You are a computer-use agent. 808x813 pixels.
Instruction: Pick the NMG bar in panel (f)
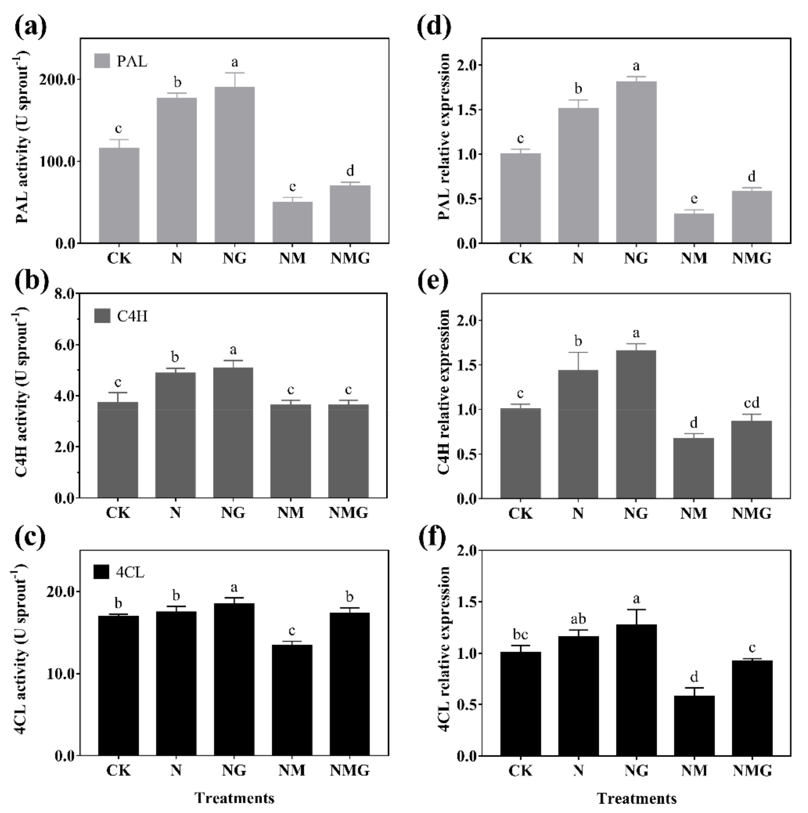(x=752, y=708)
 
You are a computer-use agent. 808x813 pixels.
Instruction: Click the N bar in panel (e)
(x=578, y=434)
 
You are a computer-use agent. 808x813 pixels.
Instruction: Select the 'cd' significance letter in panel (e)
(x=752, y=403)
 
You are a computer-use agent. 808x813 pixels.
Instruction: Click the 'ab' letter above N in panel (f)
(x=578, y=619)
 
